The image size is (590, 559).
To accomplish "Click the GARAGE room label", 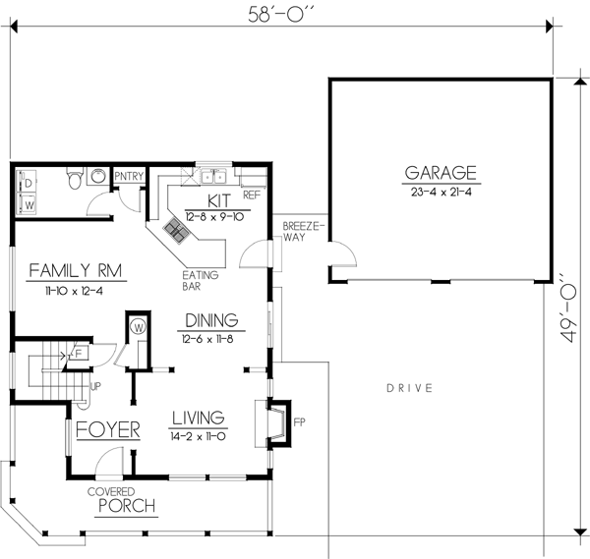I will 441,173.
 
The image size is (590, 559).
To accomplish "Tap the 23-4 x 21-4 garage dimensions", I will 441,192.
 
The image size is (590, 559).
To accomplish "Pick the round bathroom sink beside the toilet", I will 97,176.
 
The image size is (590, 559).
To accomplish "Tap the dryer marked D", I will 29,183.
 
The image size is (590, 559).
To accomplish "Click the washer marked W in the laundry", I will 29,205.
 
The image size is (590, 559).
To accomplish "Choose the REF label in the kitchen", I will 251,195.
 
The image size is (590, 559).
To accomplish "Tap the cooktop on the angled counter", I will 178,231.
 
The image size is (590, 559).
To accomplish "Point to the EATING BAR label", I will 201,282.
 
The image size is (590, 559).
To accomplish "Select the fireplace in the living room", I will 278,420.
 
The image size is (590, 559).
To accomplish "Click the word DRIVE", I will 409,389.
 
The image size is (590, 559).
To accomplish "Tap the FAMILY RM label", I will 68,269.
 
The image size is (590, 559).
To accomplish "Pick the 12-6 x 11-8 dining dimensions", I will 210,338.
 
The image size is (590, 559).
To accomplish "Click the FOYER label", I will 108,429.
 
